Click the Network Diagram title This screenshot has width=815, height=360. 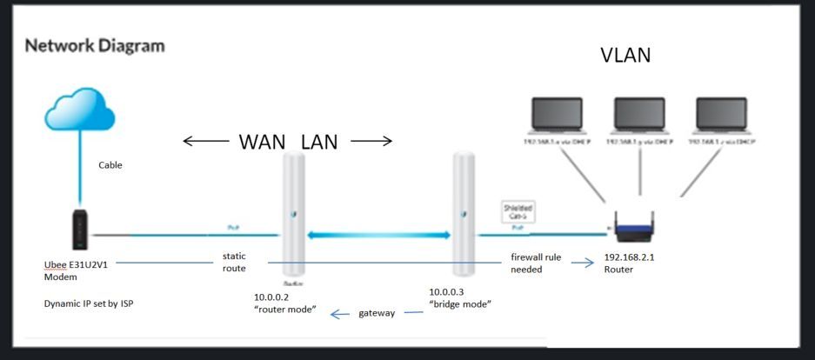click(x=95, y=45)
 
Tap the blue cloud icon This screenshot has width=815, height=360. click(x=80, y=112)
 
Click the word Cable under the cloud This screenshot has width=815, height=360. click(x=110, y=165)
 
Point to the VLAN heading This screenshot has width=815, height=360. click(x=625, y=56)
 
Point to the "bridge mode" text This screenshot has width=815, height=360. click(x=461, y=304)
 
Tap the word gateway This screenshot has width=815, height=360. click(x=377, y=313)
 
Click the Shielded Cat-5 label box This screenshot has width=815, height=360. click(x=518, y=210)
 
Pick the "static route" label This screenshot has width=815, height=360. click(x=234, y=263)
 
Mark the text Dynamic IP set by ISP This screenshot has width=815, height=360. click(x=90, y=304)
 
